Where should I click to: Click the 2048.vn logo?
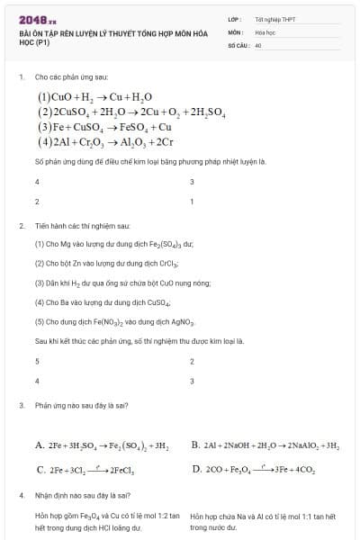(x=38, y=18)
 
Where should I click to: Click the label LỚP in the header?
(x=234, y=19)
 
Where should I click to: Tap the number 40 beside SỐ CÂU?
(x=258, y=44)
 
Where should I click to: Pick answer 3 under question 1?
(x=192, y=182)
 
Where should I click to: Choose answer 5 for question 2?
(x=37, y=361)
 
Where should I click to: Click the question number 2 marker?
(x=21, y=225)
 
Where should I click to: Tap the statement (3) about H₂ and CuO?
(x=122, y=283)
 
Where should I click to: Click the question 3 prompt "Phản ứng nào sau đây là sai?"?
(x=83, y=406)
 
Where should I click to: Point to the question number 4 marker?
(x=21, y=495)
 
